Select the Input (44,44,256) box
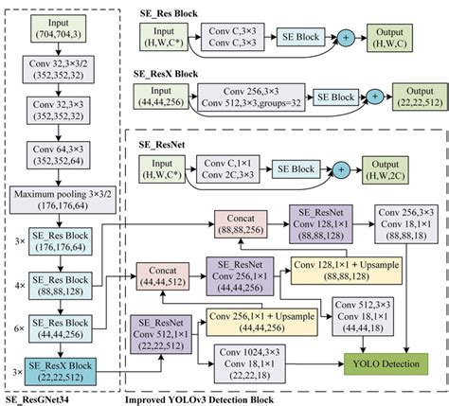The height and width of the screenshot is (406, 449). click(158, 98)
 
